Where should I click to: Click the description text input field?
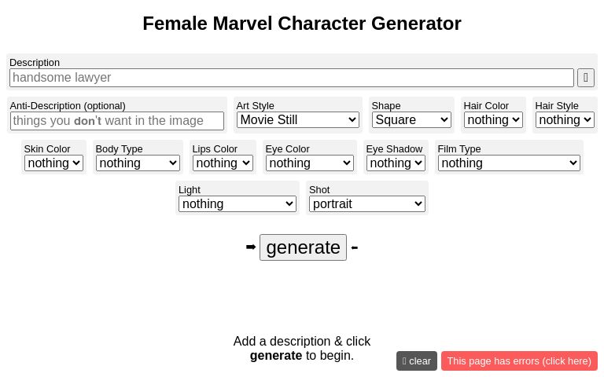click(x=291, y=78)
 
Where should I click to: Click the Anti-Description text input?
click(x=117, y=121)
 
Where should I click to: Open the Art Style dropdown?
click(x=297, y=120)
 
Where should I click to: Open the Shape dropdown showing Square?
click(x=411, y=120)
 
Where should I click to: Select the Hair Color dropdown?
click(x=493, y=120)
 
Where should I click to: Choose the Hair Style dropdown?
click(x=565, y=120)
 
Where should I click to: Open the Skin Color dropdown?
click(x=53, y=163)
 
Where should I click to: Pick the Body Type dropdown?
click(x=138, y=163)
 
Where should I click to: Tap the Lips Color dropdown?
click(x=223, y=163)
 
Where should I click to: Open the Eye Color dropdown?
click(x=309, y=163)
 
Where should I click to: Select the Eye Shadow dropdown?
click(x=396, y=163)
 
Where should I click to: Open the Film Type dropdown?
click(x=509, y=163)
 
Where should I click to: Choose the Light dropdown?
click(x=237, y=204)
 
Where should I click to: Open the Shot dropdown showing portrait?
click(x=367, y=204)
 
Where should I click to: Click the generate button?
click(x=303, y=247)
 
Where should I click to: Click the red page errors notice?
click(x=519, y=361)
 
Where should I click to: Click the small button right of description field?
click(x=586, y=78)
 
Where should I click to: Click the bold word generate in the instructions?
click(x=276, y=356)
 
